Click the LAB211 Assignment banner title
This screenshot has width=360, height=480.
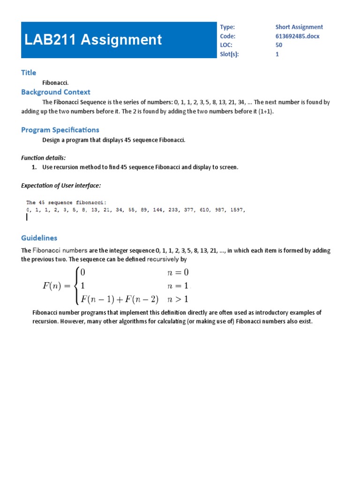(x=93, y=40)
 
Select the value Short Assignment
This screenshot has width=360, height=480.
(x=299, y=27)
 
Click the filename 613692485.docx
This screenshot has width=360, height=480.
(x=297, y=36)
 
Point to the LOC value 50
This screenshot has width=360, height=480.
(x=279, y=45)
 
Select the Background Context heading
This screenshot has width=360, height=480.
(x=56, y=92)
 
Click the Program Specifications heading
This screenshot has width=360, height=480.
(x=60, y=130)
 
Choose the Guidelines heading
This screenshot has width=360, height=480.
(x=39, y=238)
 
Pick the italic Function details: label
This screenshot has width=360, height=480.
(x=44, y=158)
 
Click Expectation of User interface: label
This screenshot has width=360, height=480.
(x=61, y=186)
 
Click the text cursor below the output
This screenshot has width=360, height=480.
(x=27, y=217)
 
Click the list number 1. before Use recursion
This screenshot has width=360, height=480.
(x=34, y=167)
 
